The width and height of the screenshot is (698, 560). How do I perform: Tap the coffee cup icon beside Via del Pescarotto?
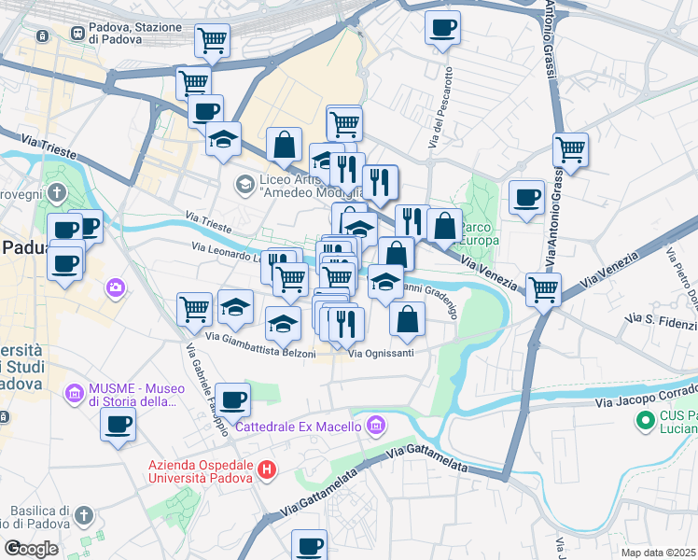point(442,27)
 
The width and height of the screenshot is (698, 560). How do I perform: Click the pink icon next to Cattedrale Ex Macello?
point(375,427)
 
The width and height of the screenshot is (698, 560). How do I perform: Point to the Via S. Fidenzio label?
point(659,324)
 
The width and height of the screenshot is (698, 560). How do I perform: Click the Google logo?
point(31,549)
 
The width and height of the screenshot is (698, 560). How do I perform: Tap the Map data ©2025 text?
point(658,553)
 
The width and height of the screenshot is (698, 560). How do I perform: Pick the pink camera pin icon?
point(116,287)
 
